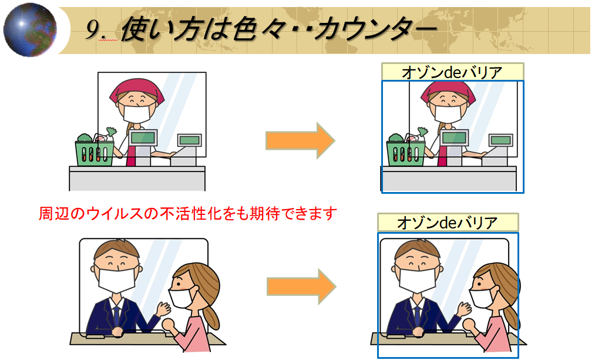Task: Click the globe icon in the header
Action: [x=29, y=29]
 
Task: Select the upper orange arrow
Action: [x=300, y=140]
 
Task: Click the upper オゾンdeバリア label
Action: [x=452, y=72]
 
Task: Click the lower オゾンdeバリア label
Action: [x=448, y=223]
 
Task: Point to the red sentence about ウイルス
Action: [x=187, y=213]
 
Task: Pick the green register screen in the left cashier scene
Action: [x=143, y=138]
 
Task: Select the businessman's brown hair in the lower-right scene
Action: [x=418, y=250]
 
